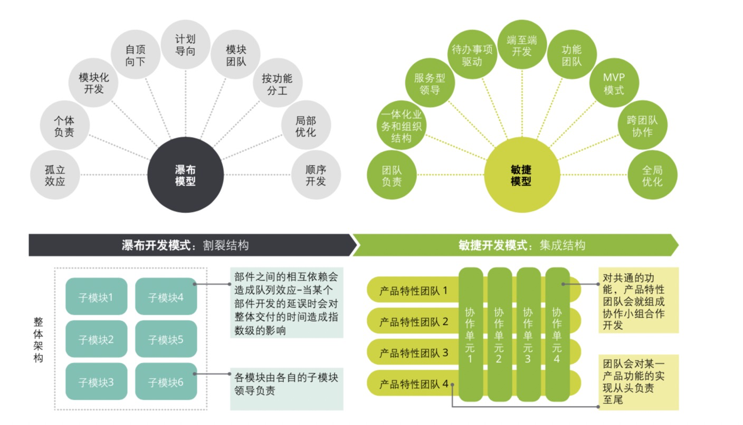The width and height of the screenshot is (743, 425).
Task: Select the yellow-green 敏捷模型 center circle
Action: click(x=521, y=175)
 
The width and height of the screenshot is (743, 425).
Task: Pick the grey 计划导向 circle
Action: click(x=185, y=45)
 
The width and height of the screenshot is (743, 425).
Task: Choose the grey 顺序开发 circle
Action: click(x=316, y=175)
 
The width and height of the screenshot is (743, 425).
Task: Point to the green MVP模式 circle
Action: click(x=614, y=83)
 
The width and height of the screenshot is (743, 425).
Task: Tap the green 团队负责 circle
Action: click(x=391, y=176)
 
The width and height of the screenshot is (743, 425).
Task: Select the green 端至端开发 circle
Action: click(x=522, y=45)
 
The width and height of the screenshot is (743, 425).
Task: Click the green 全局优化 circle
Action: click(x=652, y=176)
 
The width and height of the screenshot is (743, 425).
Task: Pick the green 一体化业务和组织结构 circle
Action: click(x=402, y=125)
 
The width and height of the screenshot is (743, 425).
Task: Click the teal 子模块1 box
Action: click(x=96, y=297)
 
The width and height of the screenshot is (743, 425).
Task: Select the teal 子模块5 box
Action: click(x=166, y=340)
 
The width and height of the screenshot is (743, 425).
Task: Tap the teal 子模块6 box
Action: click(x=166, y=382)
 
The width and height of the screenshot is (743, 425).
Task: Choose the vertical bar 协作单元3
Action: click(x=528, y=334)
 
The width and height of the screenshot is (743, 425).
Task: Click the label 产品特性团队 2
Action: click(x=414, y=321)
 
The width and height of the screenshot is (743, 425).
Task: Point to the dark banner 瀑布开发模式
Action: click(x=190, y=245)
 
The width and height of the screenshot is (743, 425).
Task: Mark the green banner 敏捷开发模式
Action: click(x=515, y=245)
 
